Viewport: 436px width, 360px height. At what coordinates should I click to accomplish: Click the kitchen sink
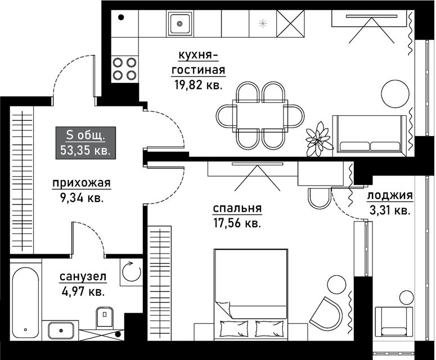(x=179, y=24)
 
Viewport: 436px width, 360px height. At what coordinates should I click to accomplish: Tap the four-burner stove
(x=124, y=69)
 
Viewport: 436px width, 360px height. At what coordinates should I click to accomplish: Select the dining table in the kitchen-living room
(x=260, y=116)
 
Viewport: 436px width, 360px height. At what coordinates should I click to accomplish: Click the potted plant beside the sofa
(x=318, y=139)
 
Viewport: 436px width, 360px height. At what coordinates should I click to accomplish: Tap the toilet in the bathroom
(x=105, y=317)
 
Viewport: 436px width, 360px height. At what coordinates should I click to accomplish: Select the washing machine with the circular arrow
(x=131, y=272)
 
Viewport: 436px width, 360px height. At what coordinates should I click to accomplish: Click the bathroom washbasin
(x=61, y=331)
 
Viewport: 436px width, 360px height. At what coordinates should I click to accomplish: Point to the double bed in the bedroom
(x=250, y=294)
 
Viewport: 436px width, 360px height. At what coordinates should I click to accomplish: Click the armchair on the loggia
(x=393, y=321)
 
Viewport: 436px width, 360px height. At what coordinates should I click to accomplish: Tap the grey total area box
(x=86, y=143)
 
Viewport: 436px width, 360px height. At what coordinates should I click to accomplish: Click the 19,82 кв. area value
(x=199, y=85)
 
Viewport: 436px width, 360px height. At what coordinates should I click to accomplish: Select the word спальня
(x=237, y=209)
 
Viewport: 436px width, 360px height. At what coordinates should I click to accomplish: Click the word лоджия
(x=390, y=196)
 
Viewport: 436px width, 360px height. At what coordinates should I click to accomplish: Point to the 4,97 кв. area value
(x=82, y=292)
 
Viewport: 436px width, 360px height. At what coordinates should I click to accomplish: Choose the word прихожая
(x=82, y=183)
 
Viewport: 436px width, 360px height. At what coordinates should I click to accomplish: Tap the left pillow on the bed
(x=234, y=328)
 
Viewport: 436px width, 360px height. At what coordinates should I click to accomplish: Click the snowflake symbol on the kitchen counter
(x=263, y=24)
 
